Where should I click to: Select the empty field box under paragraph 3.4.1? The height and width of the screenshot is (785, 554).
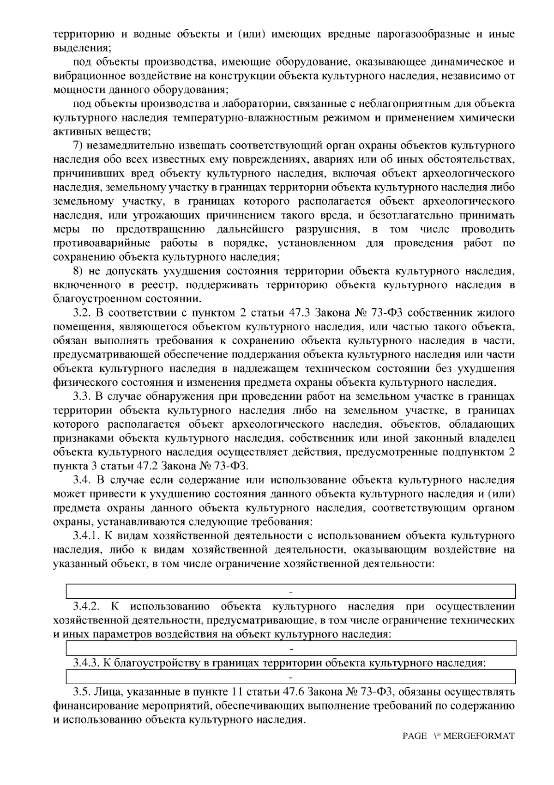click(x=291, y=591)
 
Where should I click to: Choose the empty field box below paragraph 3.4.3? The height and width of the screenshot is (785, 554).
click(x=291, y=677)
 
